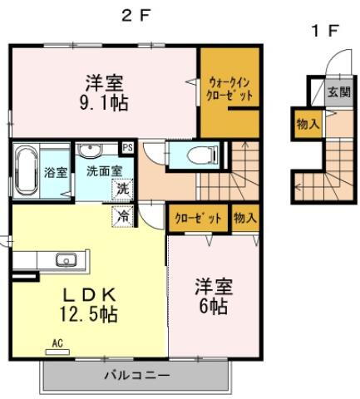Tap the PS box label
(127, 148)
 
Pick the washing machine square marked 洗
(122, 189)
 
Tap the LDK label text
(89, 296)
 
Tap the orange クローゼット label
(199, 218)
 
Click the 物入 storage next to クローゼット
(244, 218)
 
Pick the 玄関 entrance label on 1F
(338, 91)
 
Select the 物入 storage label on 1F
(305, 125)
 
